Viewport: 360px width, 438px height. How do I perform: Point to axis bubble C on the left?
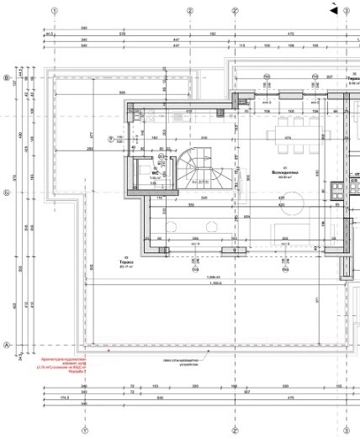(7, 192)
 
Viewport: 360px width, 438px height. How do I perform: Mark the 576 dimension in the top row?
(122, 33)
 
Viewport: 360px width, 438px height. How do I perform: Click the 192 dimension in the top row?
(212, 33)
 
